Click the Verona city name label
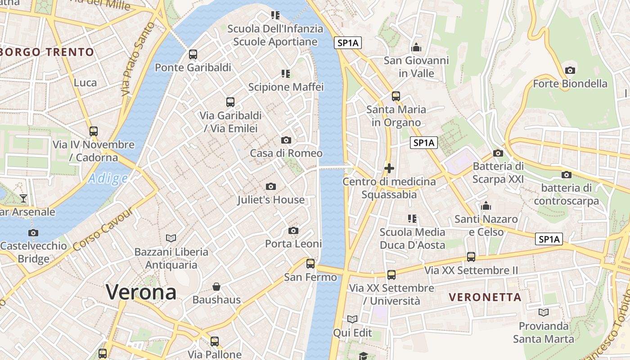[x=141, y=292]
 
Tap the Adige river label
[x=108, y=179]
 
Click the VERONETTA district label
[x=485, y=297]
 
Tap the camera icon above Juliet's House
[x=270, y=186]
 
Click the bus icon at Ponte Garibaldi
[x=193, y=54]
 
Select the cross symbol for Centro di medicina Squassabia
[x=389, y=169]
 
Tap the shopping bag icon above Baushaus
[x=216, y=287]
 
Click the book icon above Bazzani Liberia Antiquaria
[x=171, y=238]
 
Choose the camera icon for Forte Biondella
[x=570, y=70]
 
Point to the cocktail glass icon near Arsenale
[x=23, y=198]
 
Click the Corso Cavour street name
[x=103, y=230]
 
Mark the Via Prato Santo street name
[x=138, y=59]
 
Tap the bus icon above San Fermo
[x=310, y=264]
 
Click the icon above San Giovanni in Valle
[x=416, y=47]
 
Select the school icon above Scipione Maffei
[x=286, y=73]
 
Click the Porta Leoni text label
[x=293, y=244]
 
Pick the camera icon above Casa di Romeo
[x=286, y=140]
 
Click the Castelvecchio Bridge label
[x=34, y=252]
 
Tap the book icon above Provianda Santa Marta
[x=544, y=312]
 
